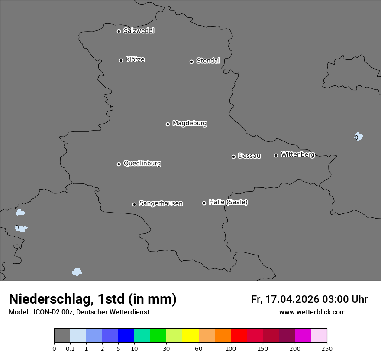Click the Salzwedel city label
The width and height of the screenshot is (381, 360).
coord(139,31)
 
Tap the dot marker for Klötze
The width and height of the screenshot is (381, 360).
coord(121,60)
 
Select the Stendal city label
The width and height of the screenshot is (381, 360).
coord(208,61)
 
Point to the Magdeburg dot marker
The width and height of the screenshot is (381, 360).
coord(168,124)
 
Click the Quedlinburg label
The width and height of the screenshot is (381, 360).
coord(142,164)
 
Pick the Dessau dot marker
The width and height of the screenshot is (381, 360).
coord(234,157)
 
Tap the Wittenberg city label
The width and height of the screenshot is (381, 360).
coord(297,154)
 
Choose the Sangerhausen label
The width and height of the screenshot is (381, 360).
coord(161,203)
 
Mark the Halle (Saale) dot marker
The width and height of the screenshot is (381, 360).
coord(204,203)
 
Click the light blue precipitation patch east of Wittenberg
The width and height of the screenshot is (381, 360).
coord(358,137)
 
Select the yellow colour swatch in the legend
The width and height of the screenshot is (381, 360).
coord(190,336)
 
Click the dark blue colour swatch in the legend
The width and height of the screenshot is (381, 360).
coord(126,336)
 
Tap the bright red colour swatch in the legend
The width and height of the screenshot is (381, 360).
coord(239,336)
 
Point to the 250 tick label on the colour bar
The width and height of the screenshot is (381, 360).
coord(327,348)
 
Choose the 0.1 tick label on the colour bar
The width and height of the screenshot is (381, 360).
coord(70,348)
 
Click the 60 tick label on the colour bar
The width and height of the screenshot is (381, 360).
coord(198,348)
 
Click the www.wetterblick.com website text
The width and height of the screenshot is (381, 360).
coord(313,312)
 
